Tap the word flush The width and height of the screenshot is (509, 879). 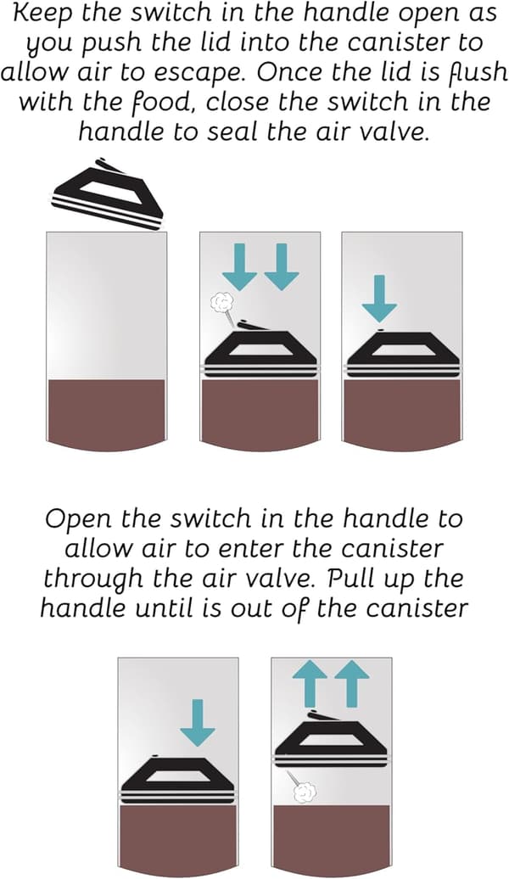coord(478,72)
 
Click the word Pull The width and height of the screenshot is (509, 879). coord(350,578)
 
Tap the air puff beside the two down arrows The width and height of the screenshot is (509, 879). coord(219,303)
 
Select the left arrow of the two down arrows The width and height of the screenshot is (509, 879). coord(239,266)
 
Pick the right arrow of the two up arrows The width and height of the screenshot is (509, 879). coord(351,683)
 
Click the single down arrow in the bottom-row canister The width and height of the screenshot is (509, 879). coord(198,723)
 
